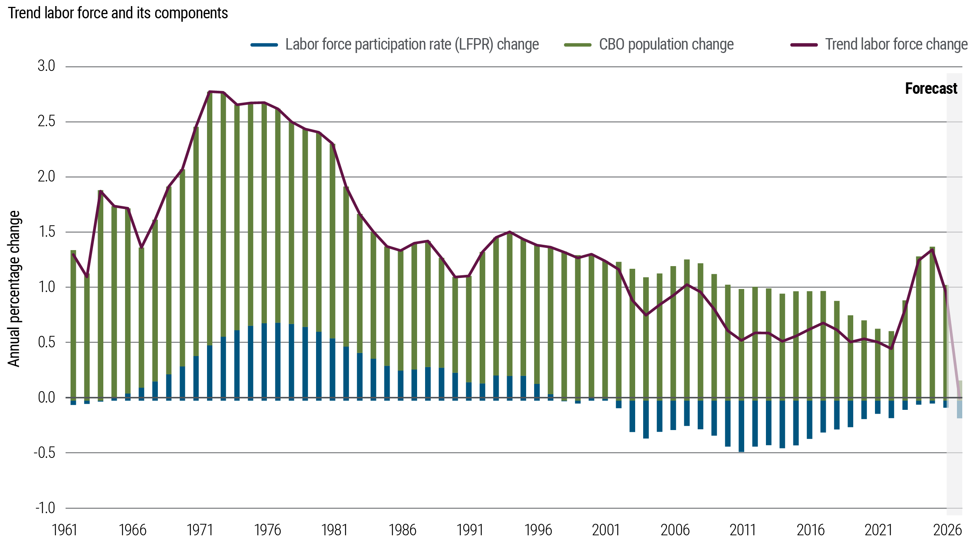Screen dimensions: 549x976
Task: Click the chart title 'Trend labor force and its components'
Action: [x=118, y=13]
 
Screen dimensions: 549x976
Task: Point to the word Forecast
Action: [x=931, y=89]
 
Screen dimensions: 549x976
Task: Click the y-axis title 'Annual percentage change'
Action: [x=14, y=289]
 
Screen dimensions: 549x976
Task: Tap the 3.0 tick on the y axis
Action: [x=47, y=66]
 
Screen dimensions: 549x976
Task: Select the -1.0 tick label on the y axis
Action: [x=45, y=508]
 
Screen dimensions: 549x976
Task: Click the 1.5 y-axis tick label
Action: [x=47, y=232]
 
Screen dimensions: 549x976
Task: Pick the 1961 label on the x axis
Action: [x=64, y=530]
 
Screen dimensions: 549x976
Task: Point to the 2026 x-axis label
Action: [x=947, y=530]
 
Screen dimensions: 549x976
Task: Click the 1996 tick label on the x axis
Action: [x=538, y=530]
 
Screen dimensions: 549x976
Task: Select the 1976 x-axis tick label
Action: [x=268, y=530]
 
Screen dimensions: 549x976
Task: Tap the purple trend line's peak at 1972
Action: [x=210, y=91]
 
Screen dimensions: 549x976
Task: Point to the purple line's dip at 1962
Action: [x=87, y=277]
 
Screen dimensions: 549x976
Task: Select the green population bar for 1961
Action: [x=73, y=324]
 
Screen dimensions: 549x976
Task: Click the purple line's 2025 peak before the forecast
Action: [x=932, y=250]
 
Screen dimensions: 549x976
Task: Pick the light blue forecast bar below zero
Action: [x=959, y=408]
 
